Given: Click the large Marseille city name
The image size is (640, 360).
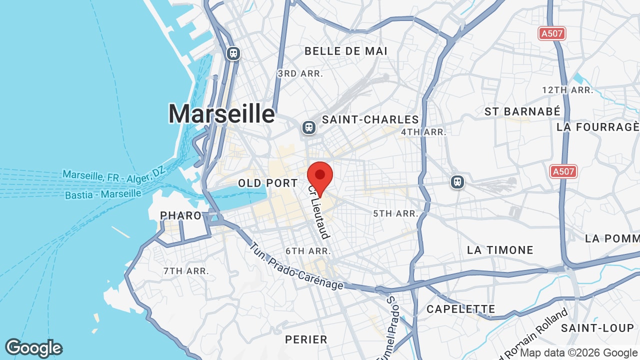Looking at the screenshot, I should click(x=221, y=114).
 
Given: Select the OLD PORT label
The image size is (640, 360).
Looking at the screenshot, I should click(x=268, y=183).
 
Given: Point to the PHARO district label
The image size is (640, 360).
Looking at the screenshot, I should click(x=180, y=215).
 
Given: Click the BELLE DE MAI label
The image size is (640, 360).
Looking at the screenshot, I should click(x=346, y=51).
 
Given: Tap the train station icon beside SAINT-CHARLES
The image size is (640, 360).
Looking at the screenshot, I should click(x=309, y=127).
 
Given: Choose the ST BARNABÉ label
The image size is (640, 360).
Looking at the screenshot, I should click(x=522, y=111).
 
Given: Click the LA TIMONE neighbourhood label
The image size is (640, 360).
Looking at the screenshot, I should click(x=500, y=250).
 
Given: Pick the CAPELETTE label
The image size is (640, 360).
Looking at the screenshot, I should click(x=460, y=309).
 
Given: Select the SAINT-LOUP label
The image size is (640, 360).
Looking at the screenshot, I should click(x=597, y=328).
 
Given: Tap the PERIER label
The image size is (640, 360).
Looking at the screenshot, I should click(x=306, y=339).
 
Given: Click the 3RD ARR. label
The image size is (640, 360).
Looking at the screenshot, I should click(x=300, y=73).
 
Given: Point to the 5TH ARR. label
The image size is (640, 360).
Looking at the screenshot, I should click(x=395, y=213).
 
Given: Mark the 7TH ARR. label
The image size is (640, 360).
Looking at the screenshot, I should click(x=186, y=271).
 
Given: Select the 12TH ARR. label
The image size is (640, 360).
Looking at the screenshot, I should click(x=567, y=90).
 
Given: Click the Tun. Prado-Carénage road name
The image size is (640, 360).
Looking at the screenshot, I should click(x=296, y=266).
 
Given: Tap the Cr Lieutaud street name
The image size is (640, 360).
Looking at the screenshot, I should click(x=319, y=212).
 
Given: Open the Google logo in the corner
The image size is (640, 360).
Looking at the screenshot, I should click(x=34, y=348).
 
